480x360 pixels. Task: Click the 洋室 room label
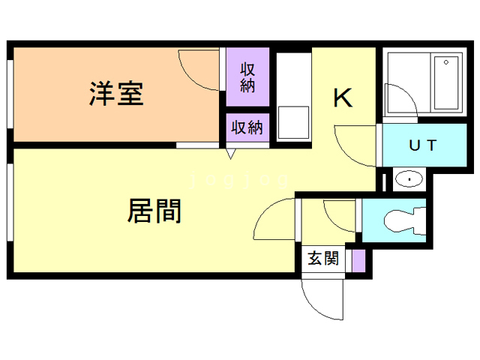(x=116, y=94)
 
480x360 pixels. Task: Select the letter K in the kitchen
(x=343, y=98)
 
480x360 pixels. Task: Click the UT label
(x=421, y=146)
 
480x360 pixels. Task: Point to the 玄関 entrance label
(x=323, y=259)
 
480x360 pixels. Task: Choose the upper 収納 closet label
(x=247, y=77)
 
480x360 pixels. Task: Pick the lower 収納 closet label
(x=247, y=127)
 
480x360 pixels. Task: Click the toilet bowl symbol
(x=402, y=220)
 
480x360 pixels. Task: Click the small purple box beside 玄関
(x=358, y=259)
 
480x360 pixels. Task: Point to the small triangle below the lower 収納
(x=231, y=154)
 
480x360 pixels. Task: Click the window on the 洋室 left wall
(x=10, y=94)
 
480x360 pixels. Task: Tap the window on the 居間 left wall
(x=10, y=202)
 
